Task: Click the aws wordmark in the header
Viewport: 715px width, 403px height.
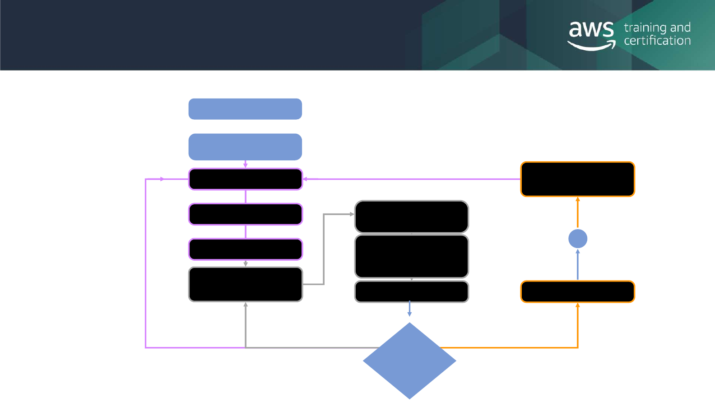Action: tap(591, 30)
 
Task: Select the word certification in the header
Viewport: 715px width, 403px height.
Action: tap(657, 41)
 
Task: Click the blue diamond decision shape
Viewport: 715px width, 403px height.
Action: tap(409, 361)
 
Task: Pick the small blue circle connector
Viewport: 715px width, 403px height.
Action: tap(578, 239)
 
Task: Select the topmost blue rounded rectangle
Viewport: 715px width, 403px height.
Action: tap(245, 109)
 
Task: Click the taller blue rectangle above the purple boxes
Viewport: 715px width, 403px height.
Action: tap(245, 147)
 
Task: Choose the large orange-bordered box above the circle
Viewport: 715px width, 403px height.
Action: tap(578, 179)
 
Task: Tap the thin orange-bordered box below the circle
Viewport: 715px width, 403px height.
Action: tap(578, 292)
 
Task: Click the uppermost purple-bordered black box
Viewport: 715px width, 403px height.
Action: tap(245, 179)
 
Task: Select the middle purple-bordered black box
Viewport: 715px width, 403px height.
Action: tap(245, 214)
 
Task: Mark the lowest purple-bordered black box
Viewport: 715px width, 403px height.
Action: tap(245, 249)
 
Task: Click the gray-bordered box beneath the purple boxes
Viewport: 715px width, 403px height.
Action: tap(245, 284)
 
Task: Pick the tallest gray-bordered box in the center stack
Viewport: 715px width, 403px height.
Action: tap(412, 256)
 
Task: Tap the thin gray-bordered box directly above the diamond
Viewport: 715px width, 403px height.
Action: tap(412, 292)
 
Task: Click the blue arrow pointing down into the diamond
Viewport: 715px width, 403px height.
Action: tap(409, 309)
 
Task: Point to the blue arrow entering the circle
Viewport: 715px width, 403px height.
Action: tap(578, 264)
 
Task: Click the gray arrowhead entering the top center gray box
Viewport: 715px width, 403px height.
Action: tap(352, 214)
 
